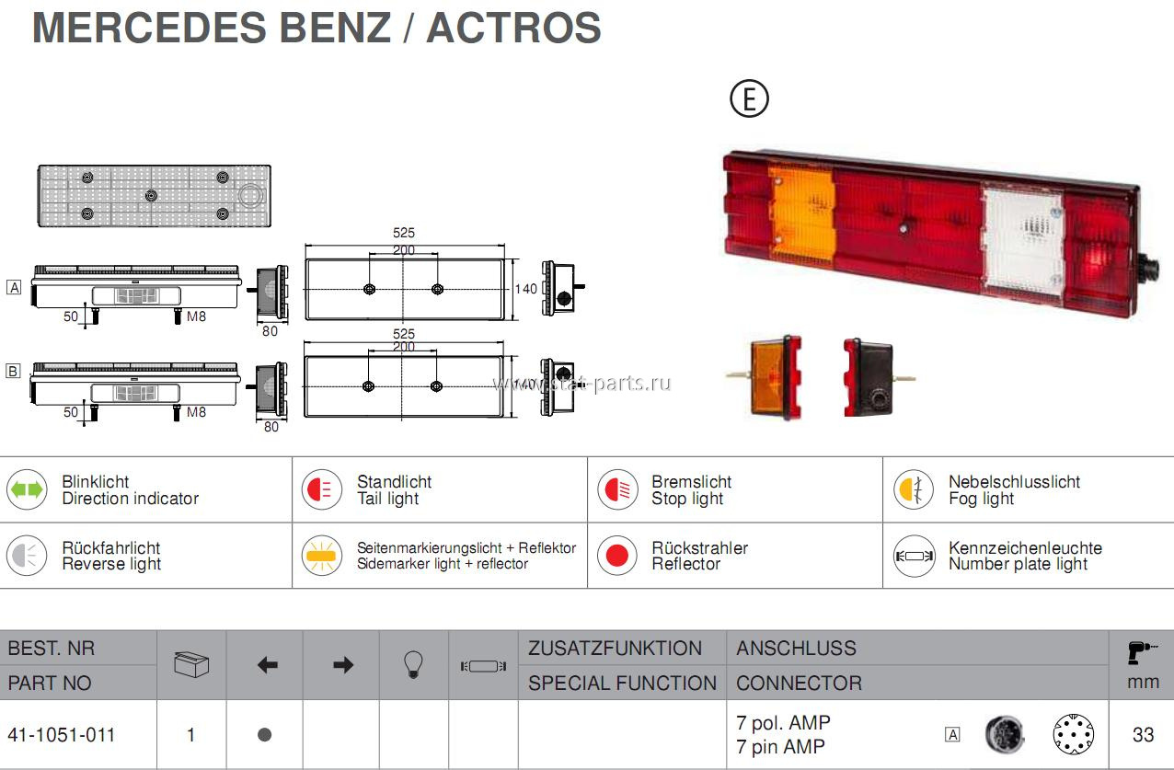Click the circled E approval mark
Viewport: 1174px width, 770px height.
749,98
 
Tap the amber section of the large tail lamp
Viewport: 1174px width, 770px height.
802,216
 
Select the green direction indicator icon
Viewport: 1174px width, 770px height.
27,489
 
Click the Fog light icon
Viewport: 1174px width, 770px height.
914,489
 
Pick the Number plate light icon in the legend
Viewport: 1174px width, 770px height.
914,556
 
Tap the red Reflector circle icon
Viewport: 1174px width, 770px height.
616,556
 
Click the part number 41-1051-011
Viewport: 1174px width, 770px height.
62,735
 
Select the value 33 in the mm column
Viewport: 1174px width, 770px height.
1143,735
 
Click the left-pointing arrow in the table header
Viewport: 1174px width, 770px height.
268,665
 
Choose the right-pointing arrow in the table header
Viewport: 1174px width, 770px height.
343,665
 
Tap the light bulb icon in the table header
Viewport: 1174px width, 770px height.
413,664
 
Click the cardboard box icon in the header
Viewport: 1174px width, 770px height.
191,664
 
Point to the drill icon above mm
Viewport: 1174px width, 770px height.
1141,652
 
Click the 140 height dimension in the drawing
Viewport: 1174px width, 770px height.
525,289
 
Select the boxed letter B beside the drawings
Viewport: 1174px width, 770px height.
13,371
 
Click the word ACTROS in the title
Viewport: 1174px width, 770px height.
513,28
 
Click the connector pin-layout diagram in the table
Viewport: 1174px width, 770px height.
1073,734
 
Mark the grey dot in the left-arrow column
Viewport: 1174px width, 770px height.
265,735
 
